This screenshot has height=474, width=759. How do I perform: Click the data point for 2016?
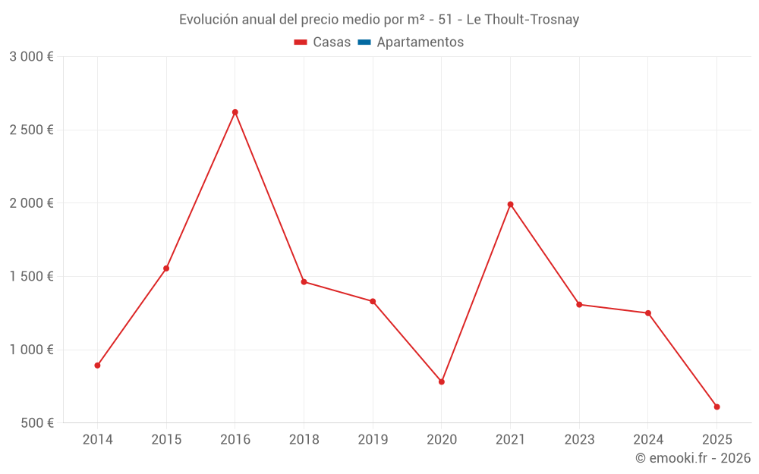[x=235, y=112]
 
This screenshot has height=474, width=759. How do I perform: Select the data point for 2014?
[x=98, y=366]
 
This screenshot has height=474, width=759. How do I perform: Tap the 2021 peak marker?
[x=510, y=204]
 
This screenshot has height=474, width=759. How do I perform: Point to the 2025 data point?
[x=716, y=407]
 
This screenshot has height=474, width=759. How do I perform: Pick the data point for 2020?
[x=442, y=381]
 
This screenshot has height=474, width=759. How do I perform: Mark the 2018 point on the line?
[x=304, y=282]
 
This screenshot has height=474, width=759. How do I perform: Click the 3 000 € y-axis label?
[x=31, y=57]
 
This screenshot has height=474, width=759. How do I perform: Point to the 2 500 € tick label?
[x=31, y=130]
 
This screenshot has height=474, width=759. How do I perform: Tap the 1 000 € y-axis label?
[x=31, y=350]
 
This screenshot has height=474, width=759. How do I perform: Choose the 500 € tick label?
[x=36, y=423]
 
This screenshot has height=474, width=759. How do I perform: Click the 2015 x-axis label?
[x=166, y=440]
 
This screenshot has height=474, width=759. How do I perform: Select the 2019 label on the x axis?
[x=373, y=440]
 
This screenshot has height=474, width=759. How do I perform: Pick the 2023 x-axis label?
[x=579, y=440]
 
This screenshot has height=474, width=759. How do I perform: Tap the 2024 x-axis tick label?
[x=648, y=440]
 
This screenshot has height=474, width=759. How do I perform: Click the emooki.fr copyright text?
[x=692, y=458]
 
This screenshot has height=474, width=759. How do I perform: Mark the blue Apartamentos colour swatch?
[x=364, y=42]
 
